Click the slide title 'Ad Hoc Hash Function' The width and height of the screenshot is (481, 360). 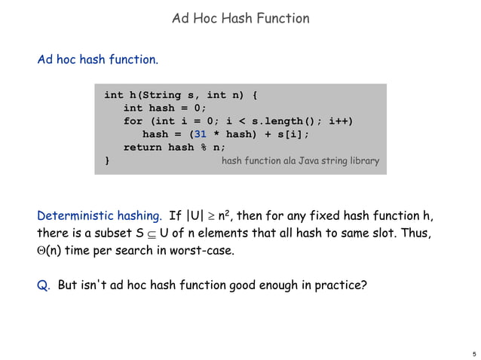coord(240,18)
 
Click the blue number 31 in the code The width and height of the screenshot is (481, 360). coord(201,135)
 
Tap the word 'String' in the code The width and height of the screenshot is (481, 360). coord(170,96)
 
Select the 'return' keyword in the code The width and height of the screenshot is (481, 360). coord(143,148)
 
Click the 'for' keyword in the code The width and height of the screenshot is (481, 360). coord(133,121)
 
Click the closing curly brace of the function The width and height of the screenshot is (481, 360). coord(107,160)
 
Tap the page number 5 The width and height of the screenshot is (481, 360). coord(473,352)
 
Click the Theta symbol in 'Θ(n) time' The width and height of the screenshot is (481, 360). coord(41,251)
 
